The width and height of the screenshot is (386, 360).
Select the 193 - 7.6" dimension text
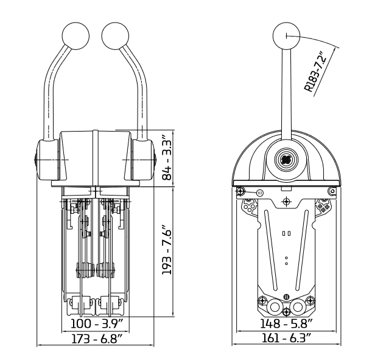[x=167, y=249]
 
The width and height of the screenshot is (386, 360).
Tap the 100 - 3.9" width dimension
[x=96, y=323]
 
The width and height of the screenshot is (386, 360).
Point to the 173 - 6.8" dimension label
[x=96, y=339]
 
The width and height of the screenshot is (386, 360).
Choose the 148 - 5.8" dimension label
[x=286, y=323]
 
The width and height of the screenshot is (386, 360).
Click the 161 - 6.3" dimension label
[x=286, y=338]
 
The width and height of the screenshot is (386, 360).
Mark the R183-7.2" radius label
[x=315, y=71]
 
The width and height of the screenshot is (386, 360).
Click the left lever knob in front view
[x=75, y=36]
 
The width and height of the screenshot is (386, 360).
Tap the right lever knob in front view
[x=115, y=36]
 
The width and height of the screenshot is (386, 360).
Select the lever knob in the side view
[x=287, y=36]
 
